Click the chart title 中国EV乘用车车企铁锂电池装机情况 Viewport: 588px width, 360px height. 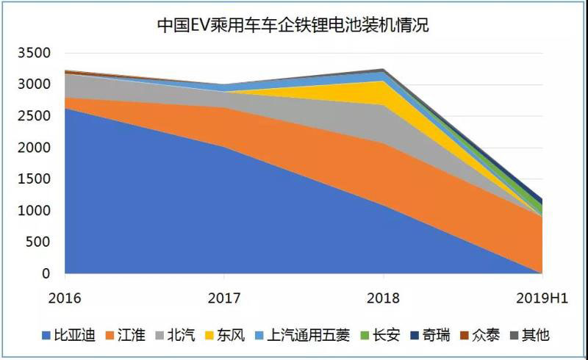click(x=293, y=26)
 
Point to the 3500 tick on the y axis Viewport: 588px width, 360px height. click(x=35, y=53)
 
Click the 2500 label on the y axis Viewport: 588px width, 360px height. click(x=35, y=116)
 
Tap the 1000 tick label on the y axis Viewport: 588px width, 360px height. click(x=35, y=211)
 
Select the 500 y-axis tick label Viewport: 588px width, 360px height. click(x=38, y=242)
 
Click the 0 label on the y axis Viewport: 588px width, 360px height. click(x=46, y=274)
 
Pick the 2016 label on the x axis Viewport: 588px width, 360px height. click(x=65, y=298)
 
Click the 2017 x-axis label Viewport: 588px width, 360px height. click(x=223, y=298)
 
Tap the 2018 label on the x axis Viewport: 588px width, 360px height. click(x=383, y=298)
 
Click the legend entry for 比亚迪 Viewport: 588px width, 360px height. click(x=68, y=336)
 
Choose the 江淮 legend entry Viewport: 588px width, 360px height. click(x=125, y=336)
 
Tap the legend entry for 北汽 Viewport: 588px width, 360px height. click(x=175, y=336)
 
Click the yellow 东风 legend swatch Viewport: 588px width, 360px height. click(x=211, y=336)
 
